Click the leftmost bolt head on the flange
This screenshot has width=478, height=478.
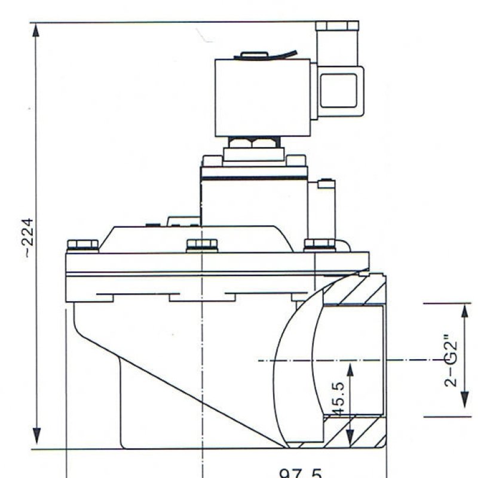tap(82, 245)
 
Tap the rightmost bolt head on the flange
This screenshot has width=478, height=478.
tap(320, 244)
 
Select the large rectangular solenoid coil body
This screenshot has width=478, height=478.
tap(262, 97)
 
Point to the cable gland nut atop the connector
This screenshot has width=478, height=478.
tap(338, 26)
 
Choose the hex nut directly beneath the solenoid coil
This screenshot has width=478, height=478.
tap(253, 143)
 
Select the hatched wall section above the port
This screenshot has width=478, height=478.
tap(358, 290)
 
